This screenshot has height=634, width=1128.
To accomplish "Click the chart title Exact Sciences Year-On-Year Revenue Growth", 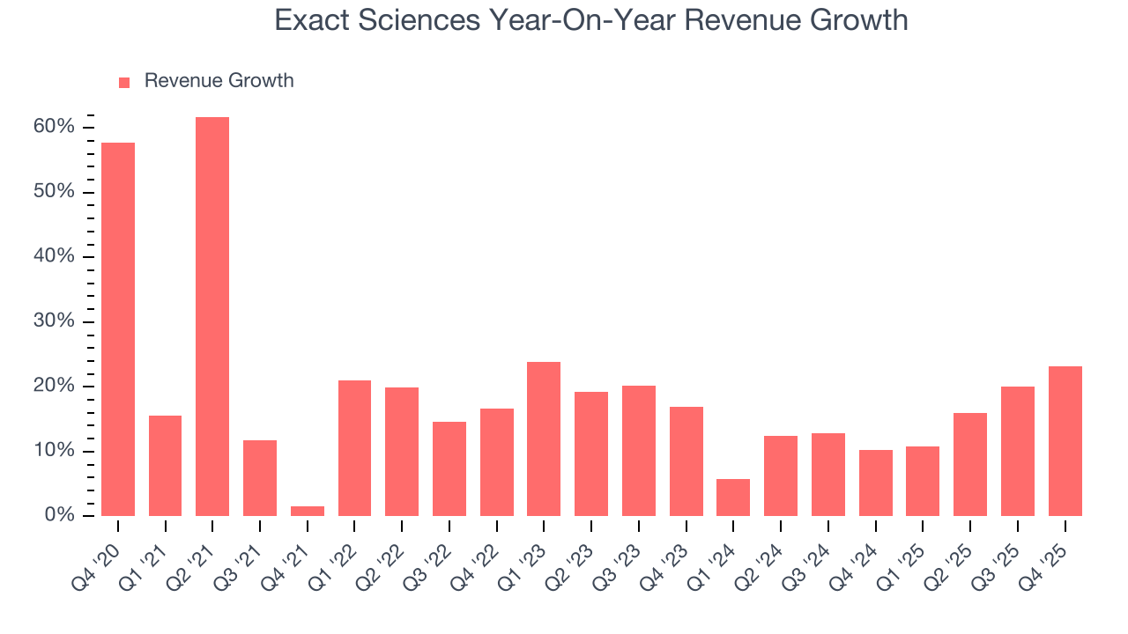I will pos(590,19).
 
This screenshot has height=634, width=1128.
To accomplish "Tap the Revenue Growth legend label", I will pos(219,81).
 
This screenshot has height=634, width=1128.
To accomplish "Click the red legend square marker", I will pos(124,82).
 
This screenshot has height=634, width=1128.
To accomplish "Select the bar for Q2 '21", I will pos(212,317).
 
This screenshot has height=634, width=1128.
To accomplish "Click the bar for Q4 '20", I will pos(118,329).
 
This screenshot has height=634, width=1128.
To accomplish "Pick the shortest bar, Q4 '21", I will pos(308,511).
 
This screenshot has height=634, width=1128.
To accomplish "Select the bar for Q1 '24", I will pos(733,498).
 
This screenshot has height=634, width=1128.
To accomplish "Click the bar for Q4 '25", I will pos(1065,441).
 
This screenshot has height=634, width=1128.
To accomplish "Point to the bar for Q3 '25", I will pos(1017,451).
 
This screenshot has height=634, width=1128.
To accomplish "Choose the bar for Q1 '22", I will pos(354,448).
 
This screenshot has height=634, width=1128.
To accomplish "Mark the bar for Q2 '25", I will pos(970,464).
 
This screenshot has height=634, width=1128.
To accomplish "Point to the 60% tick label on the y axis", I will pos(54,128).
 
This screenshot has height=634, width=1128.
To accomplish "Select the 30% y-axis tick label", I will pos(54,321).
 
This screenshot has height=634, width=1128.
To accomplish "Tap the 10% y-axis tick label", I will pos(54,451).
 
